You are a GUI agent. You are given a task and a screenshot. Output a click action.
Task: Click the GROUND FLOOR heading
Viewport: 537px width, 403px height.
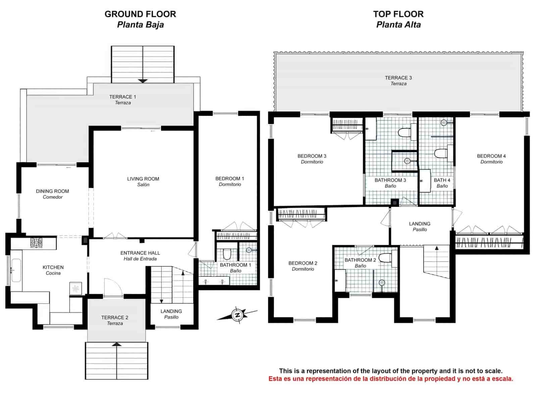(x=140, y=14)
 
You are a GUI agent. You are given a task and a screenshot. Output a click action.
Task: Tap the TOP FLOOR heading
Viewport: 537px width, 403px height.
(x=398, y=14)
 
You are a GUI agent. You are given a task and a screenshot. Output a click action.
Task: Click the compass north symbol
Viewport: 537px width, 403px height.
(x=238, y=315)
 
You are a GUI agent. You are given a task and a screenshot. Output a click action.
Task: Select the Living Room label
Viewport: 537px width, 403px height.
(x=143, y=181)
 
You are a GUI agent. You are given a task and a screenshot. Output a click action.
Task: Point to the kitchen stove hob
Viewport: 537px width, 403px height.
(x=36, y=242)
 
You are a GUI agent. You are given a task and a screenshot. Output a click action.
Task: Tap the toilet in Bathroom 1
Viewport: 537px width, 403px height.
(x=227, y=254)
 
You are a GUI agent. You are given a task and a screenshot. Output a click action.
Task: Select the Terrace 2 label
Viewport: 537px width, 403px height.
(x=115, y=320)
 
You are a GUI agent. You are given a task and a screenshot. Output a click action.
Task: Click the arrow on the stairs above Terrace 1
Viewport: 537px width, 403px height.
(x=143, y=81)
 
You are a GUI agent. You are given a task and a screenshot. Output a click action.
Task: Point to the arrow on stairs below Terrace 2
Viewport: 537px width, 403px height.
(x=116, y=344)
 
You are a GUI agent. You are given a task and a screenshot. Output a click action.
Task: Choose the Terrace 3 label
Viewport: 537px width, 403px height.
(x=398, y=80)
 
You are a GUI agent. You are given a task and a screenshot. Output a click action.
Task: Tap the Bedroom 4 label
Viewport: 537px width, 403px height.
(x=491, y=159)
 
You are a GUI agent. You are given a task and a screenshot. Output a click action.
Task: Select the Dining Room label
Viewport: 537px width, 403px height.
(x=53, y=194)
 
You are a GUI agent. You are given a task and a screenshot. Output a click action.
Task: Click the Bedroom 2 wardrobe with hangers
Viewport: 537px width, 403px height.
(x=301, y=214)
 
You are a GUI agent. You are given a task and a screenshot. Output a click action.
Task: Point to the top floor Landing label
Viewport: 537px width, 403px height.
(x=420, y=226)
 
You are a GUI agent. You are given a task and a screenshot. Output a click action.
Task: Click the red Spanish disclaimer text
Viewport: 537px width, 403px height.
(x=391, y=379)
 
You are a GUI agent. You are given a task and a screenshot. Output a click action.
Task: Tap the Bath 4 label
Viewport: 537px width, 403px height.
(x=442, y=183)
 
